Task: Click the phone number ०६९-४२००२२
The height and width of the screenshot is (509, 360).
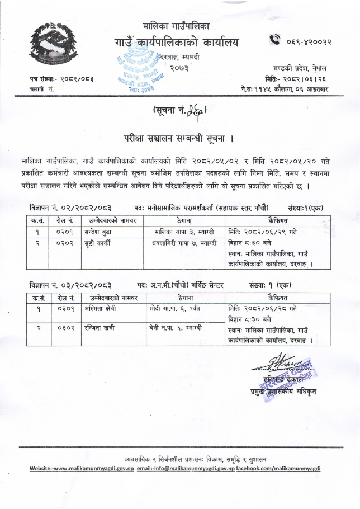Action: pyautogui.click(x=309, y=40)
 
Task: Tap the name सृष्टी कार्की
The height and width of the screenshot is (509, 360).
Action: pyautogui.click(x=100, y=243)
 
